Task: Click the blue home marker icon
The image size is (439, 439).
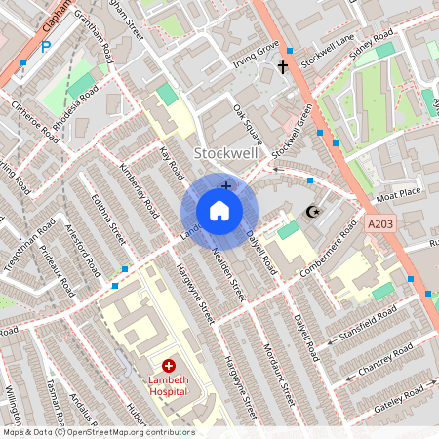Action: (219, 211)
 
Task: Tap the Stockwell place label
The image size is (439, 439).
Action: (225, 153)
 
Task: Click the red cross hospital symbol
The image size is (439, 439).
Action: (168, 365)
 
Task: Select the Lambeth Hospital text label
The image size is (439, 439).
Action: (168, 386)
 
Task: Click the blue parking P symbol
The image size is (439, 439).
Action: (45, 45)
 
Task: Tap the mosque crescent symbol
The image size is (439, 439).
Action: (313, 212)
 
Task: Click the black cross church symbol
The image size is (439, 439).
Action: (284, 67)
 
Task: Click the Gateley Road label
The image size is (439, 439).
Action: (400, 400)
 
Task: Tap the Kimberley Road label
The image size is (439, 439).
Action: (139, 190)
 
